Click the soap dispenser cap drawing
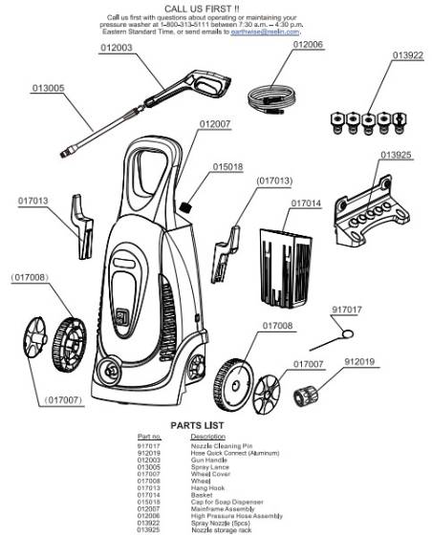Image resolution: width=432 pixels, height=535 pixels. (x=189, y=204)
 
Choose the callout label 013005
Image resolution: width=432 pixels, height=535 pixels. (x=48, y=88)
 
